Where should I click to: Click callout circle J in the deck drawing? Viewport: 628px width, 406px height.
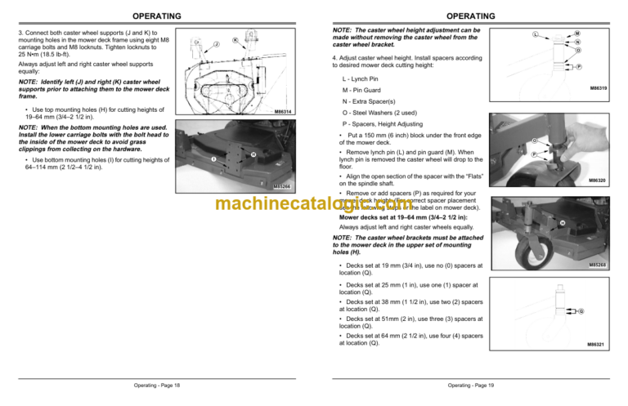[216, 43]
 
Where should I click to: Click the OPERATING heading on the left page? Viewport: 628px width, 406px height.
[157, 16]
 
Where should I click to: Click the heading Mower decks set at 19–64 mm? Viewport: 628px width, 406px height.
[393, 219]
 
